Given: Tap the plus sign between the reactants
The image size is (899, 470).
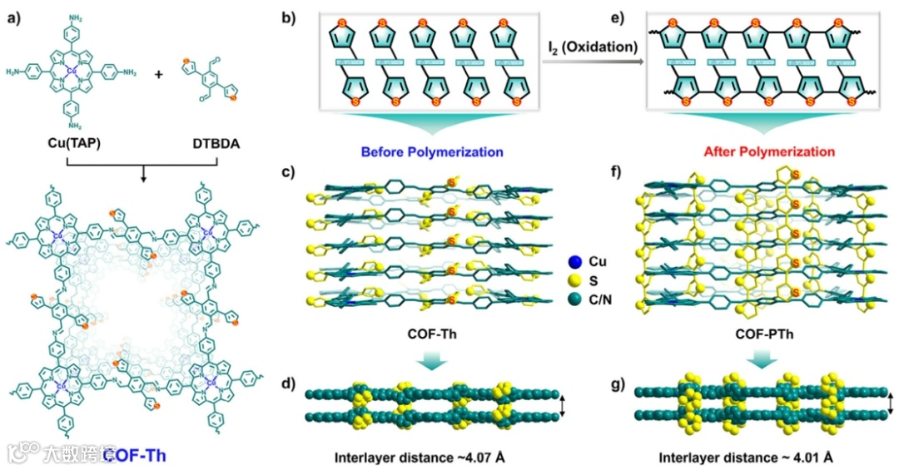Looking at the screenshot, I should tap(159, 73).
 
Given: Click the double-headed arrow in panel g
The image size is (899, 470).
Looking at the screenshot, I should tap(890, 405).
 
